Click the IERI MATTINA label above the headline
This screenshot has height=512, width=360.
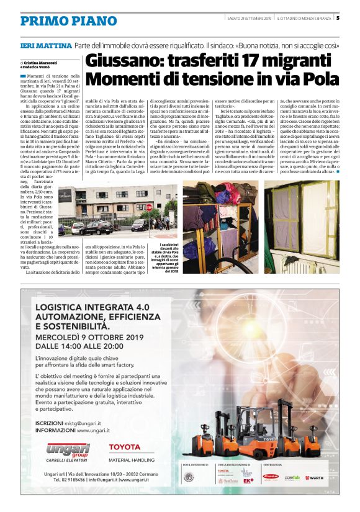point(45,46)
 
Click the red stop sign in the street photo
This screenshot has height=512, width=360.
point(149,207)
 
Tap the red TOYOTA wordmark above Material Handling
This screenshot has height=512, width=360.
point(124,447)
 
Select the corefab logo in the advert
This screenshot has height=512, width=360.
point(292,478)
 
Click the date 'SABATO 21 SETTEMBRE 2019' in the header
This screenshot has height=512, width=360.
point(250,18)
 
